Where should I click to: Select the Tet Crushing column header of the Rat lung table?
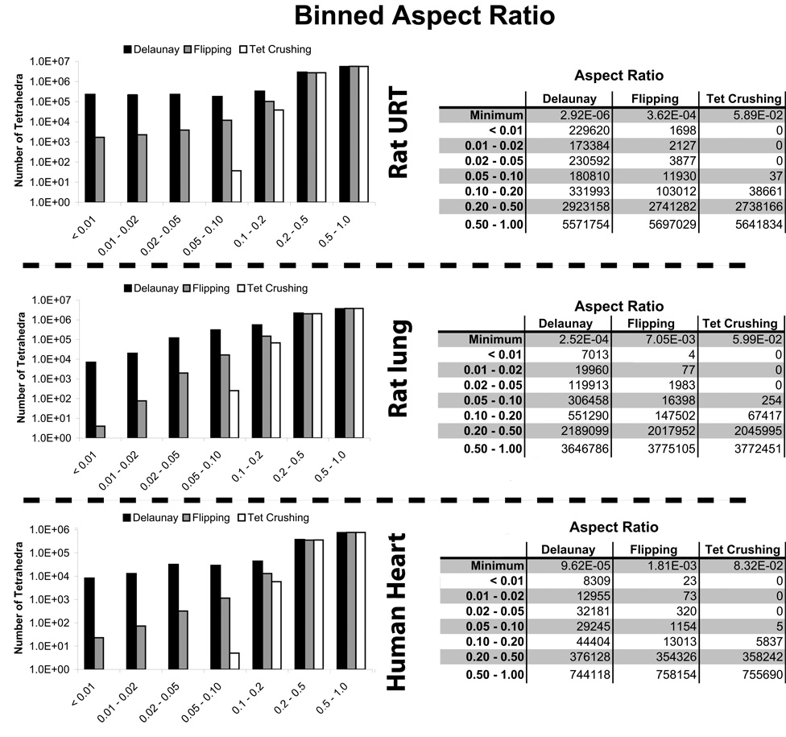(x=742, y=323)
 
